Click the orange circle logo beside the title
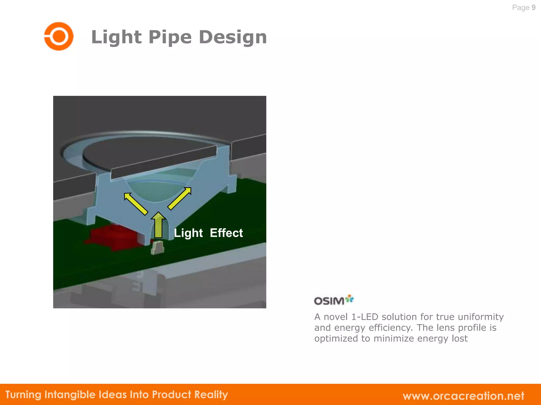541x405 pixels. coord(59,36)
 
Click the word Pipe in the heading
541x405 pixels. coord(170,37)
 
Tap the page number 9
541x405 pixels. coord(533,8)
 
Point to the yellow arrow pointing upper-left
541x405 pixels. coord(136,204)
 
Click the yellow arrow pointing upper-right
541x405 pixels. coord(179,199)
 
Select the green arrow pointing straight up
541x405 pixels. coord(158,225)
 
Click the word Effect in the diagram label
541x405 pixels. coord(226,233)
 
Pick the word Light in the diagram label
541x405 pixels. coord(188,233)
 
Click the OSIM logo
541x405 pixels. coord(334,300)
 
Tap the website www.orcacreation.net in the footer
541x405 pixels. coord(463,396)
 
